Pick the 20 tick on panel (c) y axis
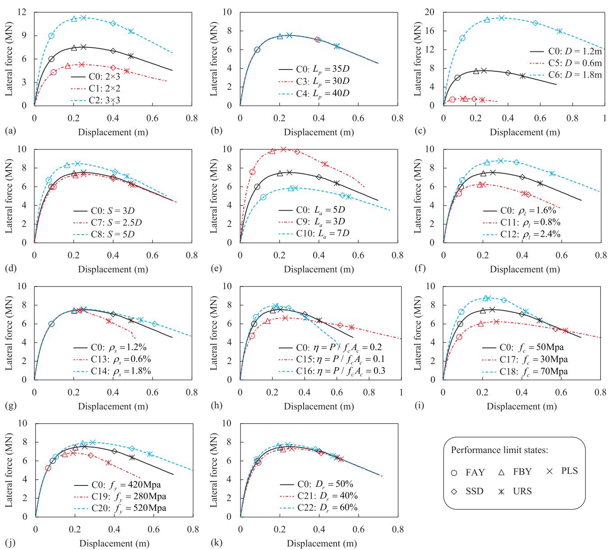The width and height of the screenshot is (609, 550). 431,12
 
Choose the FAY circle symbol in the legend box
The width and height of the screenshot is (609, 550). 455,473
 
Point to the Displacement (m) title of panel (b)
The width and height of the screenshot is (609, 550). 318,132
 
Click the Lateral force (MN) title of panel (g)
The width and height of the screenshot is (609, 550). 9,333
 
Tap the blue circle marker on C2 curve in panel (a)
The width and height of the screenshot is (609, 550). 51,36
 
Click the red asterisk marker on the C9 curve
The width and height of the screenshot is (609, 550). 325,164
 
